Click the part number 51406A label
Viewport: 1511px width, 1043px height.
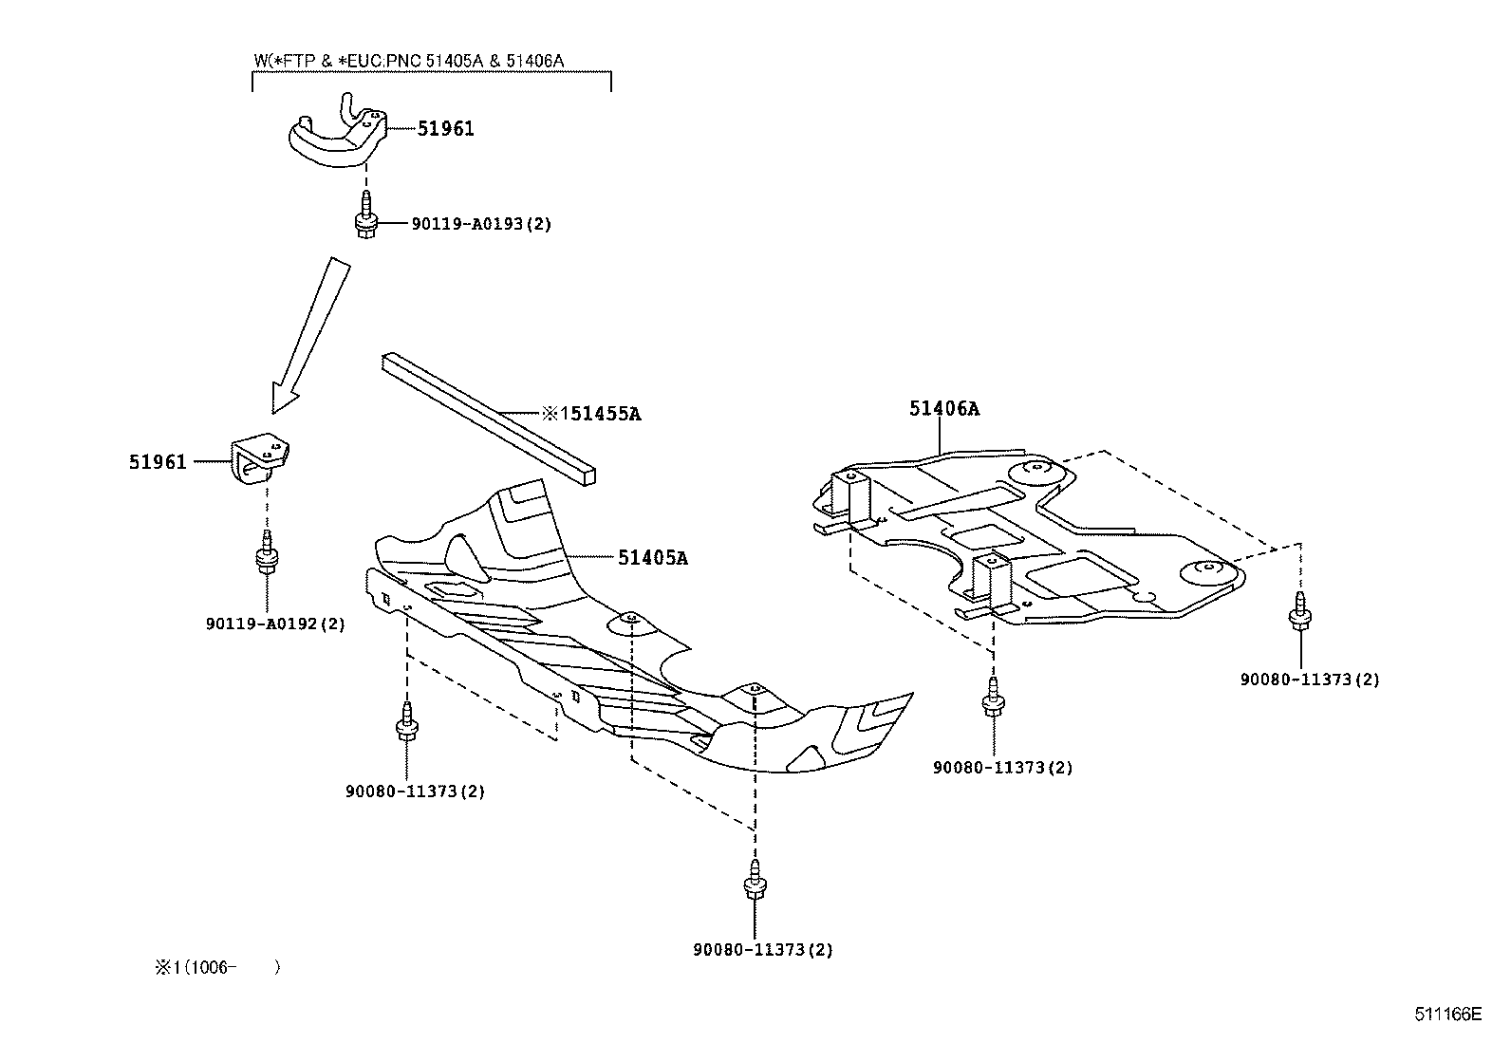(943, 409)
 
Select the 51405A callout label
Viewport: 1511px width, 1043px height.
(652, 557)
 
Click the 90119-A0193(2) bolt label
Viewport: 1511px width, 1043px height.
(481, 224)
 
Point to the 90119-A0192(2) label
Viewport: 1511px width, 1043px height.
(275, 624)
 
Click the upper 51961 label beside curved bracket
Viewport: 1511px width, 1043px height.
(445, 129)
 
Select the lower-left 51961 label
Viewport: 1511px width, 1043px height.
(158, 462)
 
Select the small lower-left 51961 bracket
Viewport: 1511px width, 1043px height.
(260, 458)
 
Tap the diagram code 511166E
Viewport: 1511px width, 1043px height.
(1447, 1014)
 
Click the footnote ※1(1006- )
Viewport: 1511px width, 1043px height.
(217, 967)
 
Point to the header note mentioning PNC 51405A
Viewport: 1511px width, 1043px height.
(409, 61)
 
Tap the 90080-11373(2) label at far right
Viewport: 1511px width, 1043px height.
(1310, 680)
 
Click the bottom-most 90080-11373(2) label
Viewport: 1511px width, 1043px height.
(763, 949)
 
